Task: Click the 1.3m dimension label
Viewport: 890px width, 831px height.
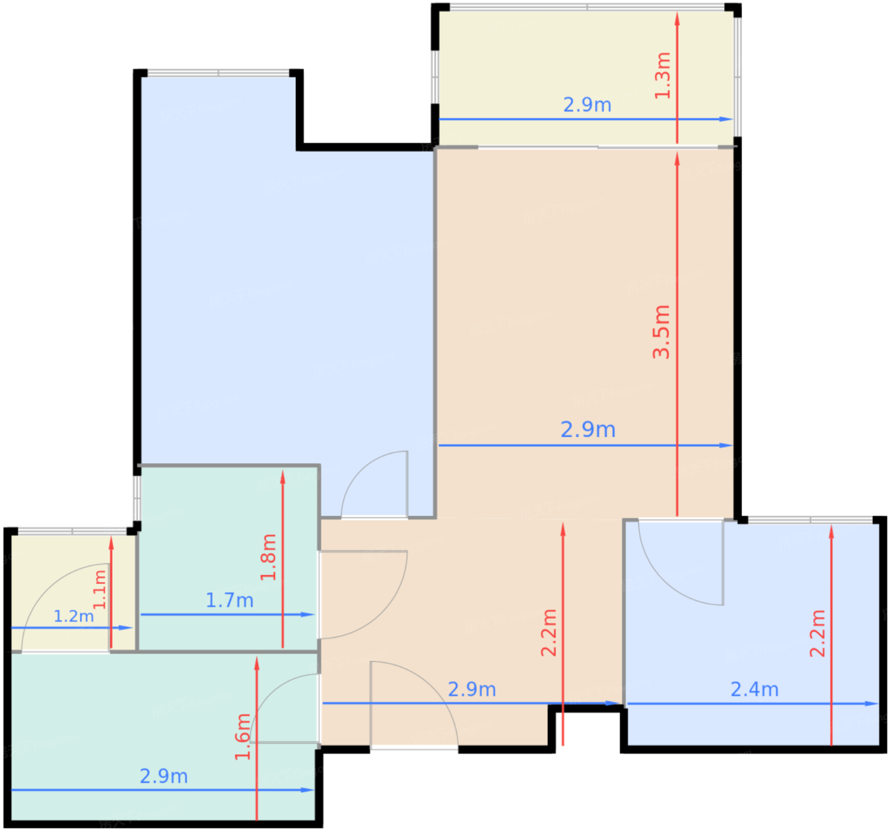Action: pyautogui.click(x=663, y=75)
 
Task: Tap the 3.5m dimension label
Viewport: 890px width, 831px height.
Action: pyautogui.click(x=661, y=332)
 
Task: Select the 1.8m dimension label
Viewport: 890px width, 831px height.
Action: pyautogui.click(x=268, y=557)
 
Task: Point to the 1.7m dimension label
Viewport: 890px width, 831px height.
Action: pyautogui.click(x=229, y=600)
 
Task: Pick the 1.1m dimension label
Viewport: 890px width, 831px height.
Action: pyautogui.click(x=99, y=590)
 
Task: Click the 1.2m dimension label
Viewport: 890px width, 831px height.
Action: pyautogui.click(x=74, y=616)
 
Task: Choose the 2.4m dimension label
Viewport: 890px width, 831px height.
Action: pyautogui.click(x=755, y=689)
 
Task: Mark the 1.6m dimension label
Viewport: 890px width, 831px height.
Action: pyautogui.click(x=242, y=737)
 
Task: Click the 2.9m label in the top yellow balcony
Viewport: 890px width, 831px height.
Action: pyautogui.click(x=587, y=105)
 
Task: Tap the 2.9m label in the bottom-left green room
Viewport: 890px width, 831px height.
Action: pyautogui.click(x=163, y=776)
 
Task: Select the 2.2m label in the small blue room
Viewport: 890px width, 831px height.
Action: pyautogui.click(x=818, y=633)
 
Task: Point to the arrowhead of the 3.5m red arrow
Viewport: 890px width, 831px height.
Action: pyautogui.click(x=677, y=159)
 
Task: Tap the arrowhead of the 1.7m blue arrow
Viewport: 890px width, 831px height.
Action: pyautogui.click(x=308, y=614)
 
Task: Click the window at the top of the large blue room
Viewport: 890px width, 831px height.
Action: pyautogui.click(x=219, y=73)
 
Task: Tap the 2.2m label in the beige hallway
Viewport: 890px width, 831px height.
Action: pyautogui.click(x=549, y=633)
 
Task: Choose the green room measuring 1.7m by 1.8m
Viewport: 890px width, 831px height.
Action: pyautogui.click(x=229, y=558)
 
